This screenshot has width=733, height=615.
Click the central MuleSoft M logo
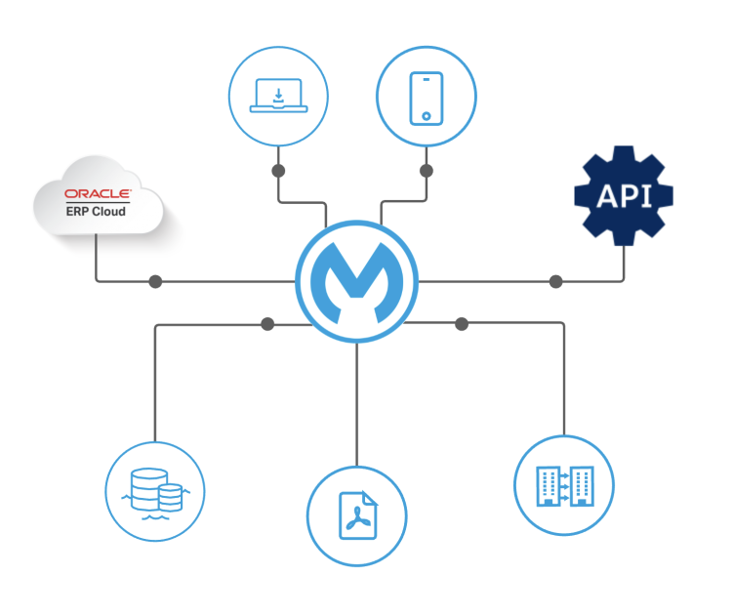(x=356, y=281)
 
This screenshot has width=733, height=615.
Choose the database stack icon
(x=155, y=491)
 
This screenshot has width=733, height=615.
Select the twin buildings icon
(x=563, y=485)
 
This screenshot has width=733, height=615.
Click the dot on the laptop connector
(x=278, y=171)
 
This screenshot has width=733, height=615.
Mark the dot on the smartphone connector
(x=427, y=171)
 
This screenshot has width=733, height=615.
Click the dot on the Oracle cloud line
(x=154, y=282)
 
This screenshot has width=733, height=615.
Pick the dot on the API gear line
(x=555, y=282)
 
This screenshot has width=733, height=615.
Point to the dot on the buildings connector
(x=462, y=323)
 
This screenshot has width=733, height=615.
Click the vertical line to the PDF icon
(x=356, y=410)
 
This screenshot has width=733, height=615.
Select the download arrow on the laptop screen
(x=279, y=95)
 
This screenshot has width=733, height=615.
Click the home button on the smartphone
(x=427, y=116)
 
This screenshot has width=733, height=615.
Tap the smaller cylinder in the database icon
(x=170, y=497)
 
